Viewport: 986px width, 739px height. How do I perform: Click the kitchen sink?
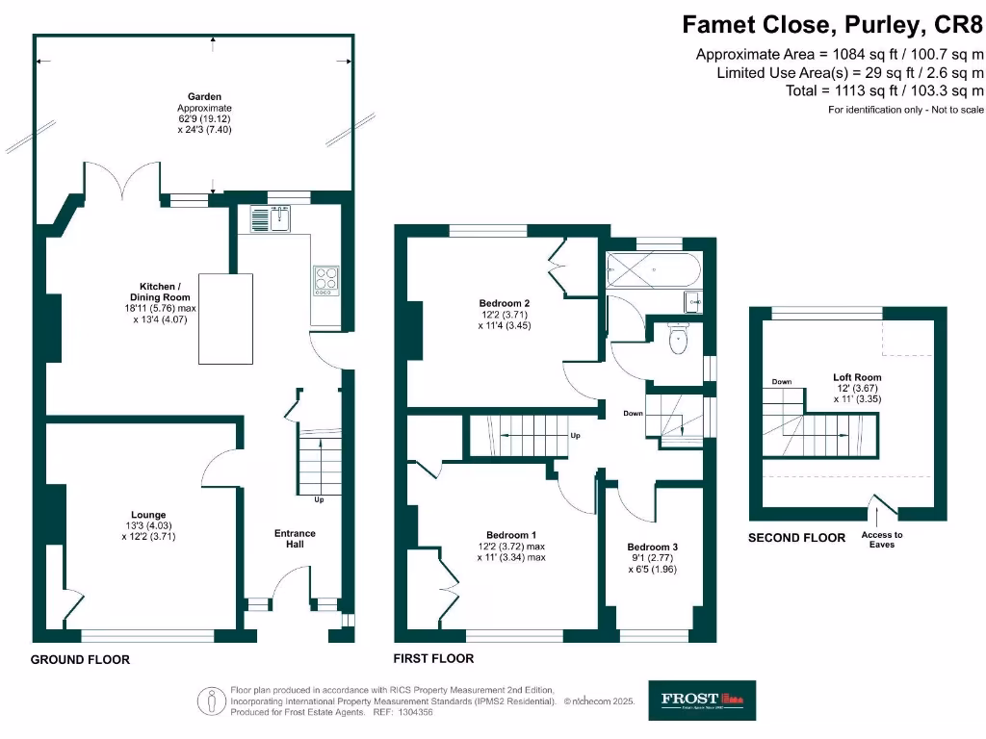[x=272, y=220]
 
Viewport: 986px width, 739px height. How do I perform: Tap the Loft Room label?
[x=857, y=377]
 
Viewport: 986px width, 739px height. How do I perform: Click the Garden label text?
[x=204, y=96]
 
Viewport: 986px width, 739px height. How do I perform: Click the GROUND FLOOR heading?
[x=80, y=660]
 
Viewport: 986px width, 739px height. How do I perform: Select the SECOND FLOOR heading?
[x=796, y=538]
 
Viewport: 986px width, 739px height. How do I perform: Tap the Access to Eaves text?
[x=882, y=540]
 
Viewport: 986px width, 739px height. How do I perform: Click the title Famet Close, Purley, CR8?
[x=833, y=23]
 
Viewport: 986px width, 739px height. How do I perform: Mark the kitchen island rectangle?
[x=227, y=319]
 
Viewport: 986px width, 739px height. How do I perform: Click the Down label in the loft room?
[x=781, y=382]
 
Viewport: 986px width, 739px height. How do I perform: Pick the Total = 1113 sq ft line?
[x=885, y=90]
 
